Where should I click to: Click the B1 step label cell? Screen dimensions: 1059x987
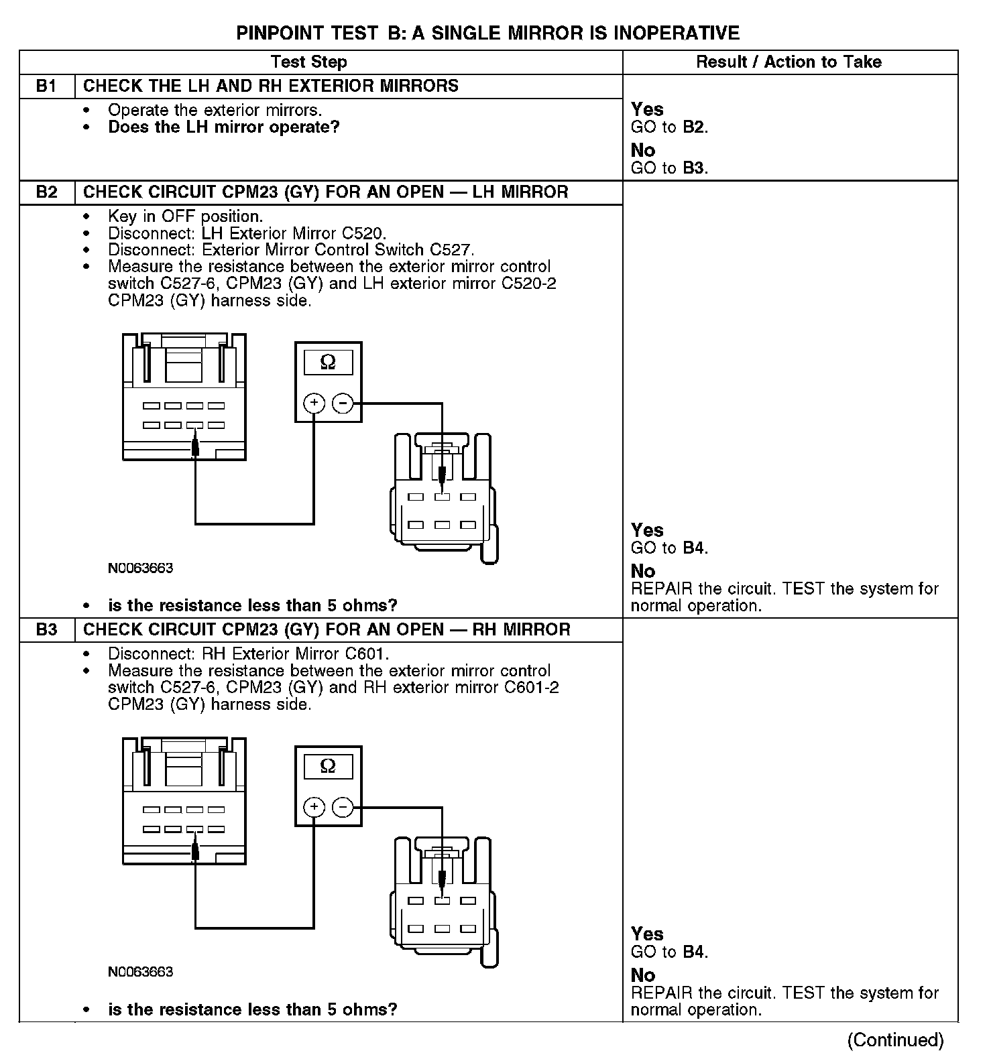pyautogui.click(x=46, y=86)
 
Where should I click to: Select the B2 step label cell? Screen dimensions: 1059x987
pyautogui.click(x=46, y=192)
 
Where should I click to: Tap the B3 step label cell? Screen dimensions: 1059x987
pyautogui.click(x=46, y=630)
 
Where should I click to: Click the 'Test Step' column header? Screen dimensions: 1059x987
pyautogui.click(x=308, y=62)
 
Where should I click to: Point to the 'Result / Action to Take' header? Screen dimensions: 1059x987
pyautogui.click(x=789, y=62)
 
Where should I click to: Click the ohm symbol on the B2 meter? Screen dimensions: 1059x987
pyautogui.click(x=328, y=363)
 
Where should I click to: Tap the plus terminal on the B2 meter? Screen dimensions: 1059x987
pyautogui.click(x=314, y=403)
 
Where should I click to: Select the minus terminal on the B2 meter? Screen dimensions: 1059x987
pyautogui.click(x=342, y=403)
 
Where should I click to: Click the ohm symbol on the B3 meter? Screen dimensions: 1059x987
pyautogui.click(x=328, y=766)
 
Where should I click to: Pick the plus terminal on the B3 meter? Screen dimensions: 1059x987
pyautogui.click(x=314, y=808)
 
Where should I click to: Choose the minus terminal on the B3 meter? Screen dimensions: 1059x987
pyautogui.click(x=342, y=808)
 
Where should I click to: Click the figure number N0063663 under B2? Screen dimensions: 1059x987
pyautogui.click(x=140, y=568)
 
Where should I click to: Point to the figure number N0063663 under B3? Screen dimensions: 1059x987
pyautogui.click(x=140, y=972)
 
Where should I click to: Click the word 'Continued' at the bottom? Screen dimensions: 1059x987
pyautogui.click(x=895, y=1040)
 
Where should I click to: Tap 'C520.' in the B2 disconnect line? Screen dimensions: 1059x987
pyautogui.click(x=366, y=233)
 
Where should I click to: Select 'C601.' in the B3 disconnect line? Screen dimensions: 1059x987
pyautogui.click(x=367, y=653)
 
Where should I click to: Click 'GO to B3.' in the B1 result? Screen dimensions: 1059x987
pyautogui.click(x=669, y=168)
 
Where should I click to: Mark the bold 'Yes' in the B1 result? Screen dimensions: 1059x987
pyautogui.click(x=647, y=109)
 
